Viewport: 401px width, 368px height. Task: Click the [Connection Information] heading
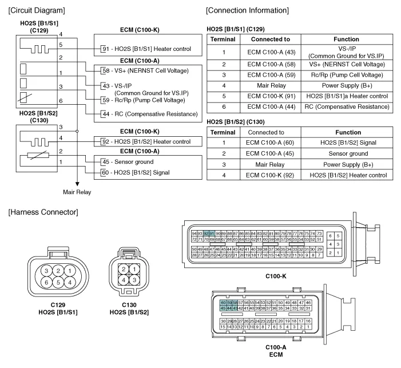coord(247,10)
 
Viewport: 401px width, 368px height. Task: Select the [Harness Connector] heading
coord(42,212)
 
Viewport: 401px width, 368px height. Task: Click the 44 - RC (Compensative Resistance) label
coord(145,114)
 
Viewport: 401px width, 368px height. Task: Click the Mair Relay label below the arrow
coord(77,192)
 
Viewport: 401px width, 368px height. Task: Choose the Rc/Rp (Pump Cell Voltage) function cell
coord(347,74)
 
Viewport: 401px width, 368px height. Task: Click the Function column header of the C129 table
coord(347,39)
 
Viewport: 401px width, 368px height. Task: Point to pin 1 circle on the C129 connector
coord(70,270)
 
